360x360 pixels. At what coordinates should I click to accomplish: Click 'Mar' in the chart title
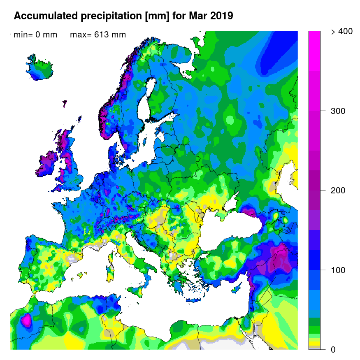coord(196,16)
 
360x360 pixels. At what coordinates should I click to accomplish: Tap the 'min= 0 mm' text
coord(35,35)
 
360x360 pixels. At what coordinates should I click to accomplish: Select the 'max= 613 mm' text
coord(98,35)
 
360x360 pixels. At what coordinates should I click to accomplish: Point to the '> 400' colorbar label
coord(341,32)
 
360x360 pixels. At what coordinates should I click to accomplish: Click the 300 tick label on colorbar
coord(338,111)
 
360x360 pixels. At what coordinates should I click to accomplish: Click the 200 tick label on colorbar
coord(338,190)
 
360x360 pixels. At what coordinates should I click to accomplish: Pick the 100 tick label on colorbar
coord(338,270)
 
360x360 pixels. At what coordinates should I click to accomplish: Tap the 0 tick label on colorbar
coord(332,350)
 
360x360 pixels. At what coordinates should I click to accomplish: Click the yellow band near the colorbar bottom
coord(314,343)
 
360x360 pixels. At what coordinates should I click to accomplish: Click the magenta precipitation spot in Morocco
coord(27,320)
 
